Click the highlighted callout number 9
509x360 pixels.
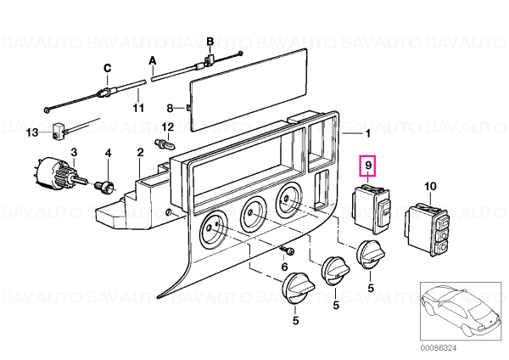pyautogui.click(x=368, y=166)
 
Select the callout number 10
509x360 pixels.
pyautogui.click(x=430, y=187)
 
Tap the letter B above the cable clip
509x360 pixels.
pyautogui.click(x=210, y=42)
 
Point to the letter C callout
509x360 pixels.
pyautogui.click(x=108, y=68)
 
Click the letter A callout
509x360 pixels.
pyautogui.click(x=153, y=61)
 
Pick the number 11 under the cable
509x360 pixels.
pyautogui.click(x=138, y=108)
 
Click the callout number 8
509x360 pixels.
pyautogui.click(x=171, y=108)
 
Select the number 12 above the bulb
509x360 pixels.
pyautogui.click(x=168, y=127)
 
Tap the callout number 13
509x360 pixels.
pyautogui.click(x=32, y=132)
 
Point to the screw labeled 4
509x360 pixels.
pyautogui.click(x=105, y=186)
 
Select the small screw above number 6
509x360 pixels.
pyautogui.click(x=288, y=250)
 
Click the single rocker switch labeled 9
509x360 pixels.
pyautogui.click(x=372, y=209)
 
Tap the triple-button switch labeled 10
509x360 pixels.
pyautogui.click(x=427, y=230)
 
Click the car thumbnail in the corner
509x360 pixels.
pyautogui.click(x=461, y=312)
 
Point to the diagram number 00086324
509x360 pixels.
pyautogui.click(x=439, y=348)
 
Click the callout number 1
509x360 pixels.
pyautogui.click(x=368, y=133)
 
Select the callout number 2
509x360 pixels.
pyautogui.click(x=140, y=152)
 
